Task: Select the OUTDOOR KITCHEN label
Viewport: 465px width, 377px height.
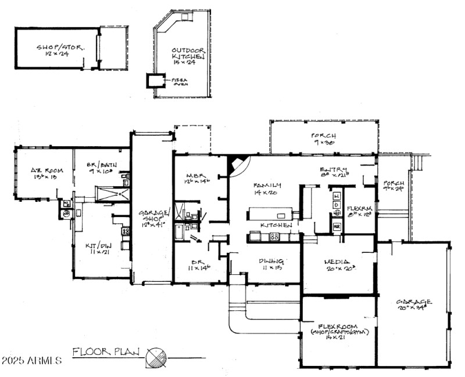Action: pyautogui.click(x=188, y=55)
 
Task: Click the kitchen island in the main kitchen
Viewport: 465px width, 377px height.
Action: pyautogui.click(x=269, y=213)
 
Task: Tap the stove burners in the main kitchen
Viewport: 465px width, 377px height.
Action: pyautogui.click(x=275, y=237)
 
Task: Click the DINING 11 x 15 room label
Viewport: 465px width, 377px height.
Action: pyautogui.click(x=272, y=264)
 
